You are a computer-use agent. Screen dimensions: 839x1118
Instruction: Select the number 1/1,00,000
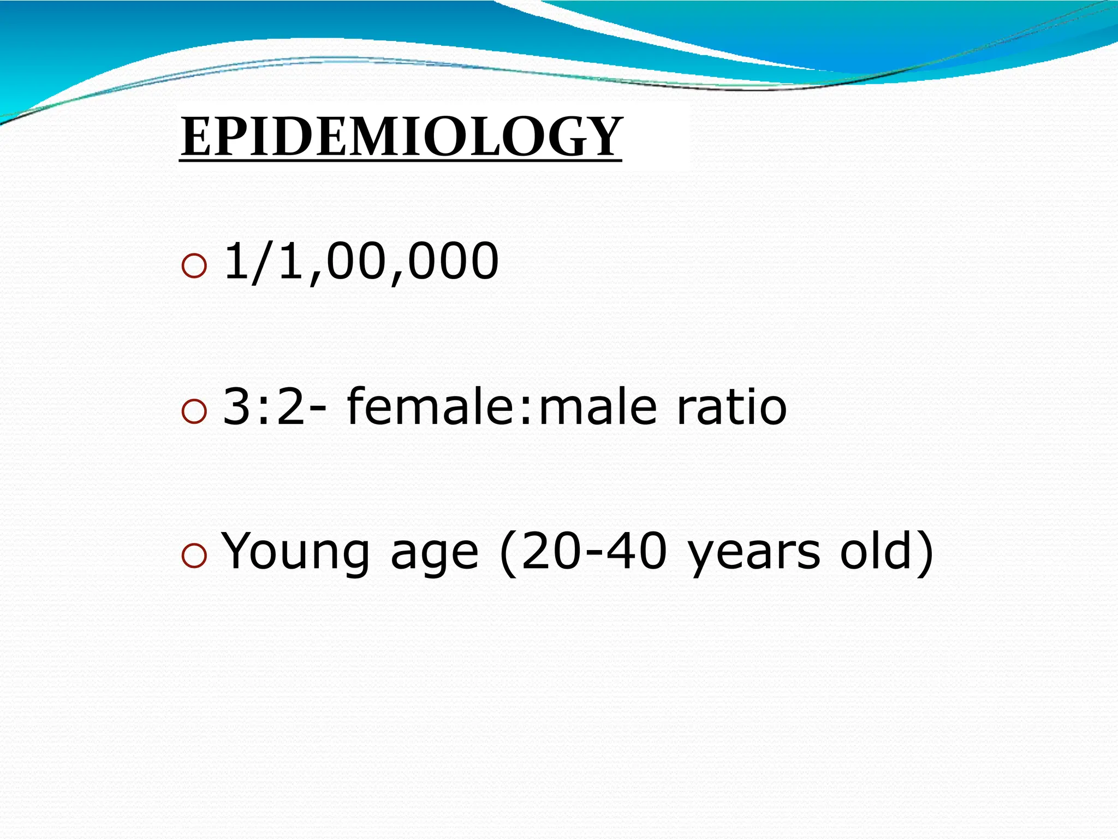(361, 262)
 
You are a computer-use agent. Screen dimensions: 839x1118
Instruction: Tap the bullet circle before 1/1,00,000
(194, 266)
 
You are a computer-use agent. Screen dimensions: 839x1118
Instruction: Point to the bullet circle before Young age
(194, 556)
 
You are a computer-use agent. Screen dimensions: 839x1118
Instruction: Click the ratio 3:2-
(275, 406)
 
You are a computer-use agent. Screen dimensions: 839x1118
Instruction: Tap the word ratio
(732, 406)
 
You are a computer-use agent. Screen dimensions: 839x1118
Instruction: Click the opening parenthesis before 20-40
(507, 553)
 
